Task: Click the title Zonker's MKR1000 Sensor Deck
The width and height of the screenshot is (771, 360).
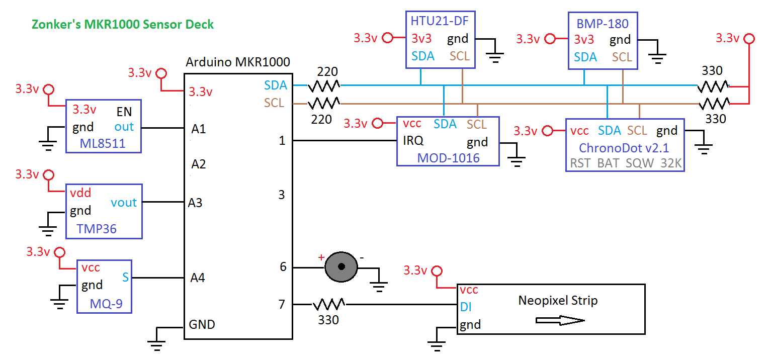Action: (x=123, y=24)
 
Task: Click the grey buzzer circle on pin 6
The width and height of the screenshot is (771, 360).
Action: (x=341, y=267)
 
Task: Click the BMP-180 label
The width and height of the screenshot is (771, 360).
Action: (x=603, y=23)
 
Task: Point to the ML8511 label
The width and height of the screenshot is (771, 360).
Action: (x=102, y=145)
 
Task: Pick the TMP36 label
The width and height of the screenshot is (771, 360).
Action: (x=97, y=229)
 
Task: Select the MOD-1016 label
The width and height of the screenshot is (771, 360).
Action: (x=448, y=158)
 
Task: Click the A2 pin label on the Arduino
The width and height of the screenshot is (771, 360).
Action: (x=199, y=164)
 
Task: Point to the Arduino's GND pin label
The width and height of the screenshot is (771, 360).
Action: (x=202, y=324)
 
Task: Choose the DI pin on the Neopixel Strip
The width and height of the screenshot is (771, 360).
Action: (x=465, y=307)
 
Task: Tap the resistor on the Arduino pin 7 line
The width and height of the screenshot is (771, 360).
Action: (x=328, y=304)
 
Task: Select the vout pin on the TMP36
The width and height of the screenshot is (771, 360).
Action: (x=124, y=202)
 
